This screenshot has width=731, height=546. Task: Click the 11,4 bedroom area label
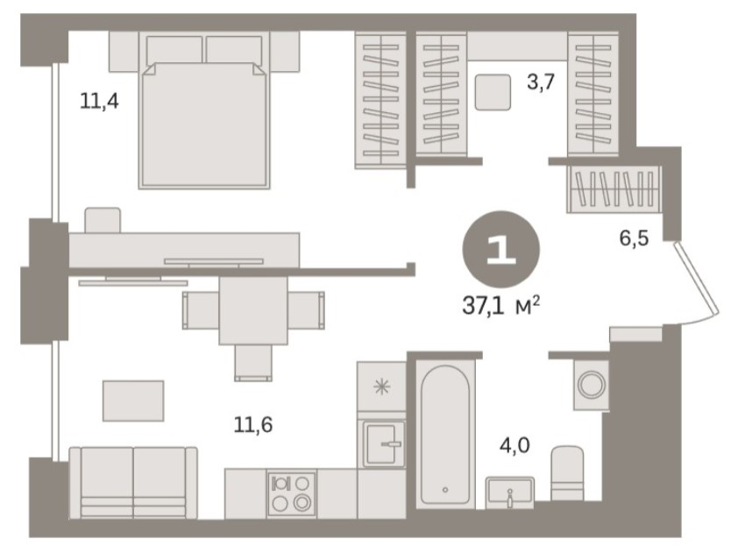[99, 101]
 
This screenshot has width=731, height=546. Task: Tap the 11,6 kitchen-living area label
[253, 425]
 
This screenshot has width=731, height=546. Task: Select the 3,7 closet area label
[540, 82]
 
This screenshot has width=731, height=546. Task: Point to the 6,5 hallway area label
[634, 238]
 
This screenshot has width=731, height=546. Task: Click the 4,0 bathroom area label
[515, 446]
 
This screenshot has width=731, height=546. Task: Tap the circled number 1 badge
[501, 249]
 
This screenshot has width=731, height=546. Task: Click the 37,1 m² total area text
[501, 307]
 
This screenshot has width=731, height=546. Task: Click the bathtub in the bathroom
[445, 434]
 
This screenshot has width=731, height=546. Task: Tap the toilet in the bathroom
[567, 472]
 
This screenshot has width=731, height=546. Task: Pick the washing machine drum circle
[591, 385]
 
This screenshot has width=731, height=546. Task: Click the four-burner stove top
[291, 493]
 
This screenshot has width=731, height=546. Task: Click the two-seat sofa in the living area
[133, 483]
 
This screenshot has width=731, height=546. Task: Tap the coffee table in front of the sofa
[133, 401]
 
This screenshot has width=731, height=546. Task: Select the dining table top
[253, 310]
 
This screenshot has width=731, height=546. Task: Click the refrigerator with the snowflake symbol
[381, 386]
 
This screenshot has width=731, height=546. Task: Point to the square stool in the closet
[493, 92]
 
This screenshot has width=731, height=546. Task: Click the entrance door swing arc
[697, 281]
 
